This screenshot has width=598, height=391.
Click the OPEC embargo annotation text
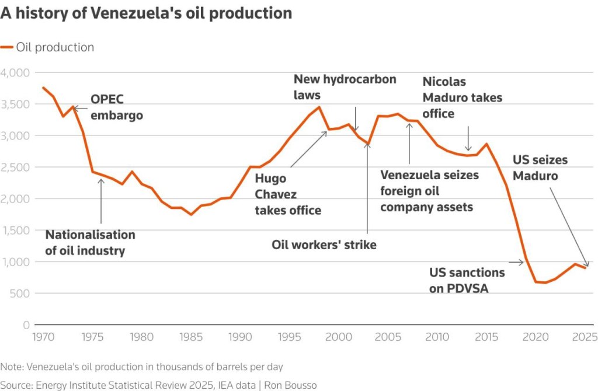click(x=116, y=107)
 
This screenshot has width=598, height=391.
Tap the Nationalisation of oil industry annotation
click(x=91, y=243)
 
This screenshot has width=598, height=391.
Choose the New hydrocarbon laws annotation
click(x=345, y=86)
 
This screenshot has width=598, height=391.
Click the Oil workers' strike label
click(x=324, y=245)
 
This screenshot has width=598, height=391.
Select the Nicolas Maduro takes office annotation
click(x=462, y=97)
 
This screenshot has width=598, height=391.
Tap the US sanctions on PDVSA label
click(x=467, y=280)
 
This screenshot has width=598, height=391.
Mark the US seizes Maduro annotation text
click(x=540, y=167)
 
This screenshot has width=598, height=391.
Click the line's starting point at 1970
click(x=43, y=88)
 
